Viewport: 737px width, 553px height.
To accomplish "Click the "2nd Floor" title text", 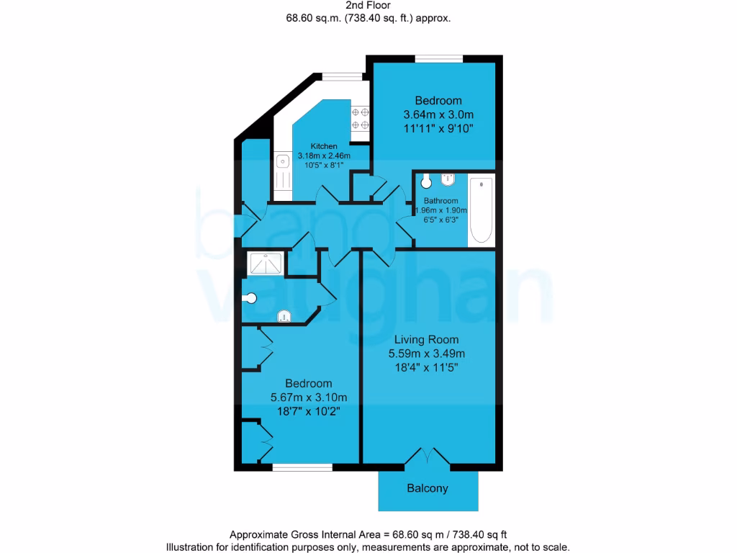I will (368, 5).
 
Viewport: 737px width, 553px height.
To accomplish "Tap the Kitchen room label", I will (318, 146).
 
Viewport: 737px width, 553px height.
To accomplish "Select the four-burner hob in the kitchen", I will (360, 119).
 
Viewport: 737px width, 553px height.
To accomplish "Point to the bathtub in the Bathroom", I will (481, 210).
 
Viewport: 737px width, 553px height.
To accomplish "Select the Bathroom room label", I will (440, 201).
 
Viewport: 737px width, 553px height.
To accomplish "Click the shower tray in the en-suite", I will (266, 264).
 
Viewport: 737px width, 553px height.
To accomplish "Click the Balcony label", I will (428, 488).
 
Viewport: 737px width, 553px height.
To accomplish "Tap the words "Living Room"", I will (426, 339).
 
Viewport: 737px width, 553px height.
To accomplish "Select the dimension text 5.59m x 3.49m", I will (426, 354).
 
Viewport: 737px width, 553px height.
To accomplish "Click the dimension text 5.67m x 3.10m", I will (309, 397).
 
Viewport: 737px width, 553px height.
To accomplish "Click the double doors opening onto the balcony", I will (428, 457).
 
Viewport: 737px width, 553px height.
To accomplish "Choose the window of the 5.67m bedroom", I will (302, 467).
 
